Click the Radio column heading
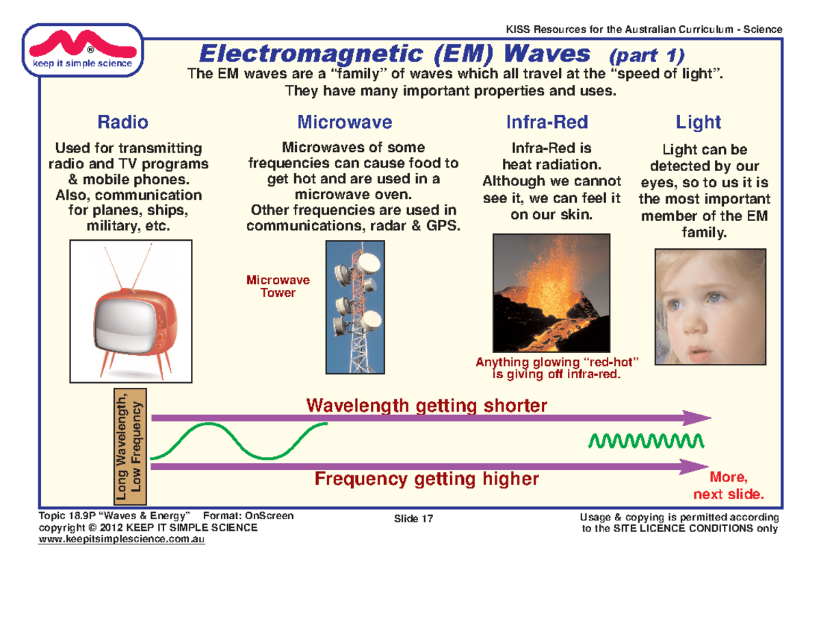click(123, 122)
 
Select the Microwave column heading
click(344, 122)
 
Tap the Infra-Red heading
click(546, 122)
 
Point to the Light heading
click(698, 122)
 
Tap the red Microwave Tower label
click(278, 287)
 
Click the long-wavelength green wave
click(239, 440)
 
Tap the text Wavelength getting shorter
click(427, 406)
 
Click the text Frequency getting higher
click(426, 479)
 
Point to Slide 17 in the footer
click(414, 519)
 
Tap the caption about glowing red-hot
click(557, 368)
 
